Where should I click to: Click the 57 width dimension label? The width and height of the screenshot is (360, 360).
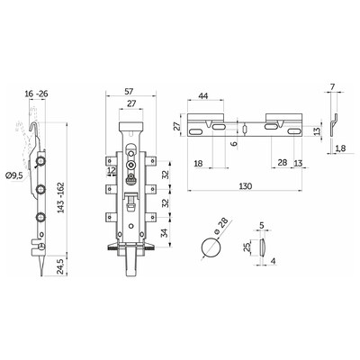click(129, 91)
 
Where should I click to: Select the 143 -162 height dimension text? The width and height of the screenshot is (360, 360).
click(61, 197)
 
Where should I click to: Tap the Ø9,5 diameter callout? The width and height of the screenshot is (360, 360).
click(14, 175)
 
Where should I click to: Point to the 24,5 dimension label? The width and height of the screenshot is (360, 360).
click(61, 265)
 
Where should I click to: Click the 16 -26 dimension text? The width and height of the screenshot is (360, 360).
click(36, 94)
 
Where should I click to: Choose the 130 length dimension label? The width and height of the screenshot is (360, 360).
click(246, 186)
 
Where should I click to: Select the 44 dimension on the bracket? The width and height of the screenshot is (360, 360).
click(203, 96)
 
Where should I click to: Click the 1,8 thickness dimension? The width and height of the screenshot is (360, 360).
click(339, 148)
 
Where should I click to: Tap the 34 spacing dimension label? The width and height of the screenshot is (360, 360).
click(165, 233)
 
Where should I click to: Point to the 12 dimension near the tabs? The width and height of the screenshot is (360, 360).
click(112, 171)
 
